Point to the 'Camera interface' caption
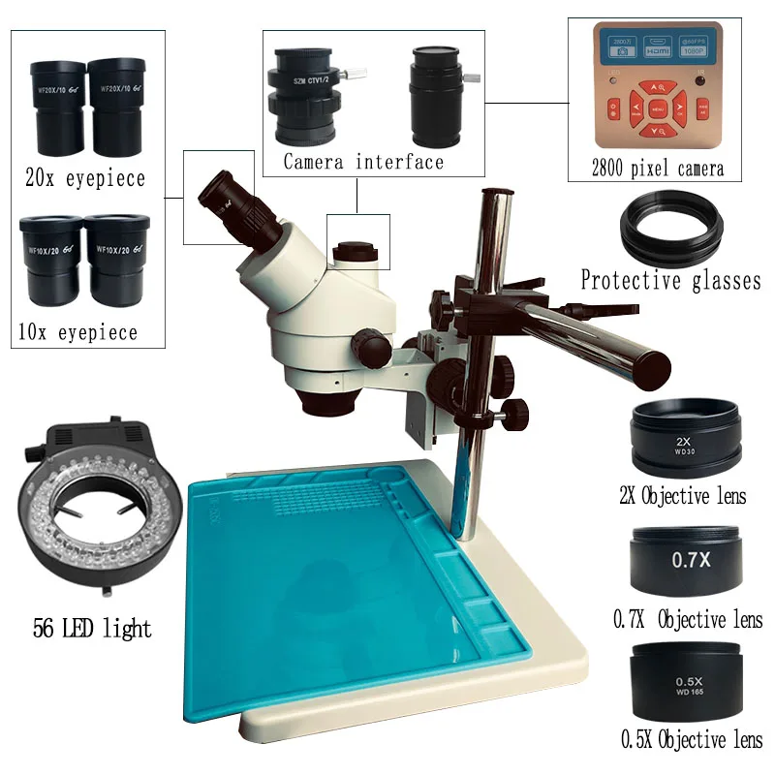click(x=363, y=162)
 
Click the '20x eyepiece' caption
click(x=85, y=178)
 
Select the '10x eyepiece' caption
click(x=77, y=332)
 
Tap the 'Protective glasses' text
click(x=670, y=281)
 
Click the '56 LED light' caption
click(x=93, y=629)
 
